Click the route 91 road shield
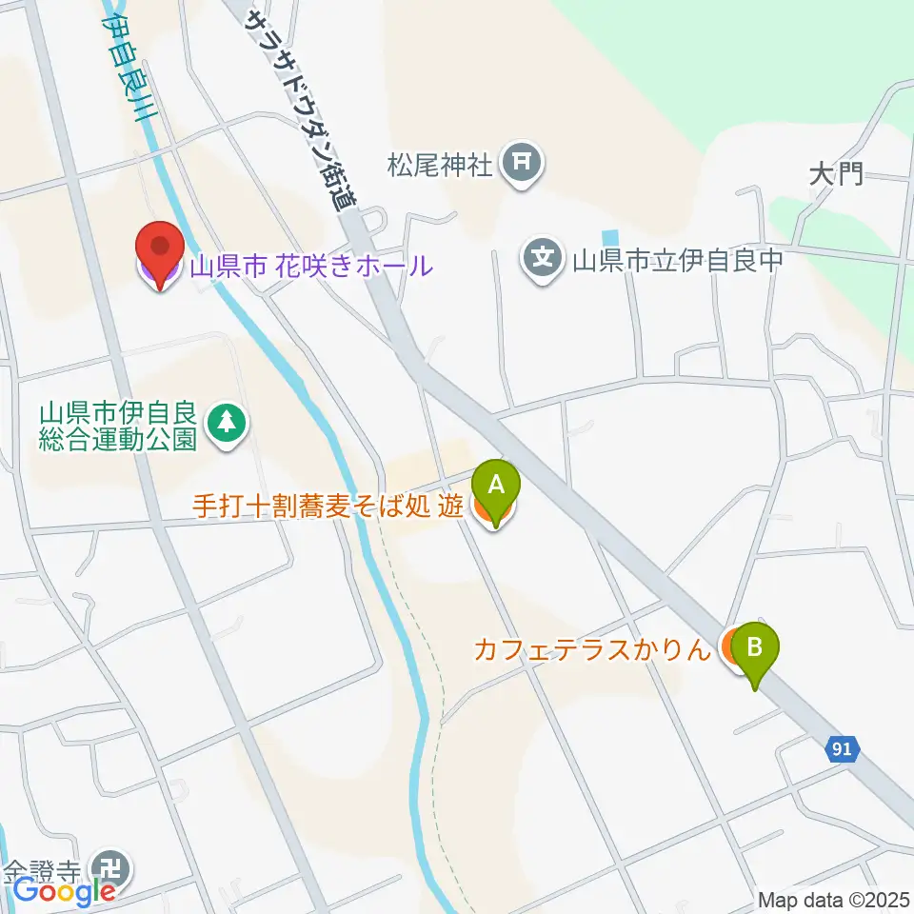pyautogui.click(x=841, y=749)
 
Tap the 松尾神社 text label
pyautogui.click(x=440, y=166)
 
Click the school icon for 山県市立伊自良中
pyautogui.click(x=543, y=258)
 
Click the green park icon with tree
pyautogui.click(x=227, y=425)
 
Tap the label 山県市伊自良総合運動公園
pyautogui.click(x=118, y=427)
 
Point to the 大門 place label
pyautogui.click(x=836, y=173)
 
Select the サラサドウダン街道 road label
pyautogui.click(x=299, y=109)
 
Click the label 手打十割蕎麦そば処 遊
pyautogui.click(x=328, y=507)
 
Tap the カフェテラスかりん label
pyautogui.click(x=592, y=650)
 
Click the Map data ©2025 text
pyautogui.click(x=833, y=899)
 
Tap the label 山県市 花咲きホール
pyautogui.click(x=310, y=266)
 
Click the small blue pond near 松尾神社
pyautogui.click(x=609, y=236)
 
